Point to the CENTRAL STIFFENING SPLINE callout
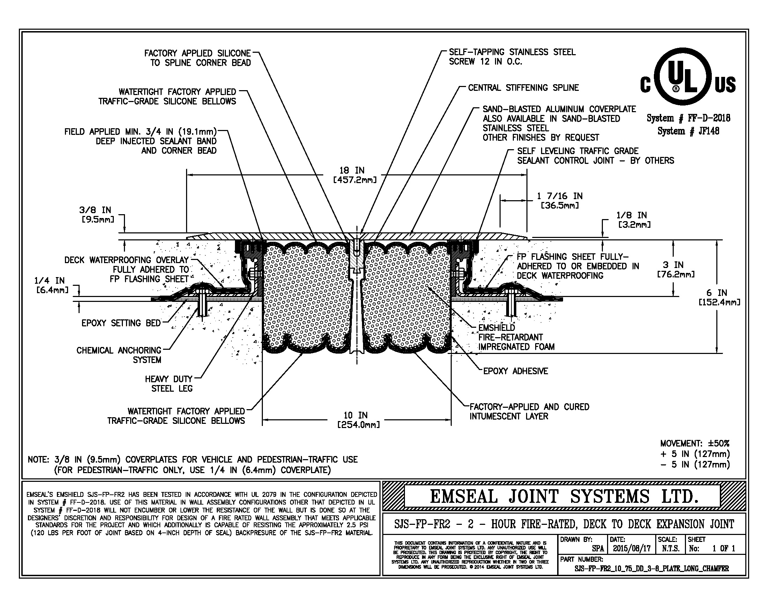point(523,88)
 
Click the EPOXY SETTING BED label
point(121,323)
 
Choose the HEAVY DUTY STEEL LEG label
point(169,384)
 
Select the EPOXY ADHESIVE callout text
point(515,371)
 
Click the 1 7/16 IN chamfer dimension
point(560,200)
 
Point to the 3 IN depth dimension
point(675,269)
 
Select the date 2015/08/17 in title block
point(632,548)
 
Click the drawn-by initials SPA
point(598,548)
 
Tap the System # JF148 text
point(688,131)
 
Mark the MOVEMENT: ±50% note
point(694,443)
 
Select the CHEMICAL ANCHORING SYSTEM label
point(119,355)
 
